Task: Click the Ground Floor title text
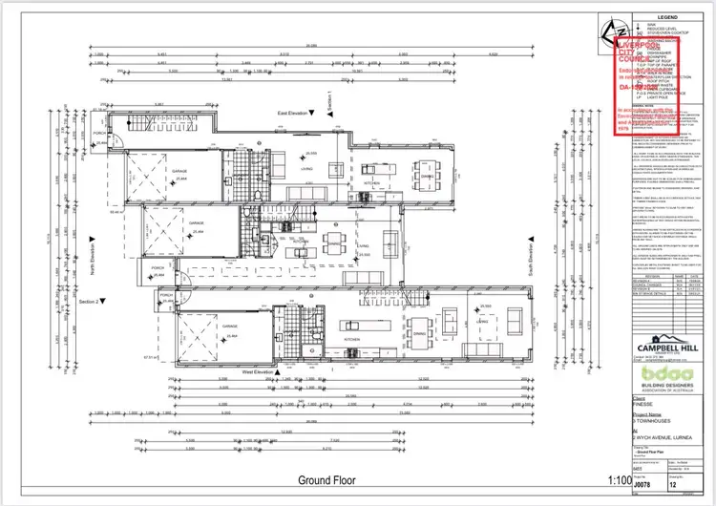point(326,480)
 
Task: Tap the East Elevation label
point(292,114)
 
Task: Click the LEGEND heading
point(666,18)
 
